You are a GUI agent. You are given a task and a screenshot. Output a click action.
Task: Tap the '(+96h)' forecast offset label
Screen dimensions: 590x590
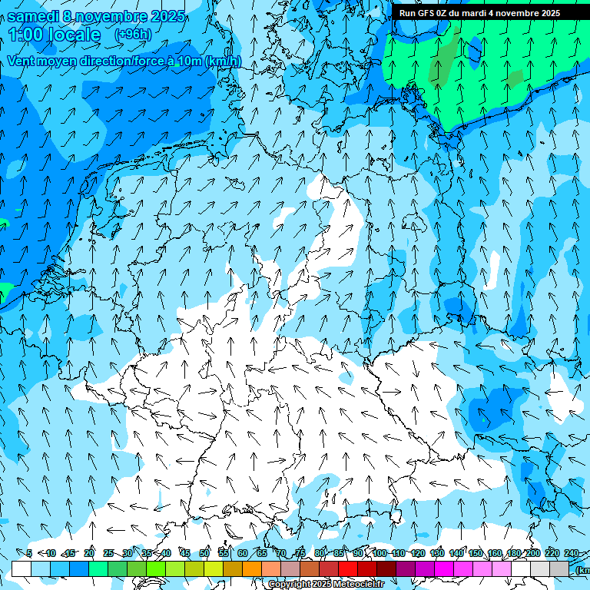coord(132,35)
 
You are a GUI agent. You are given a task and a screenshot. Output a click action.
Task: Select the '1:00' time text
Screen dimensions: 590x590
coord(26,35)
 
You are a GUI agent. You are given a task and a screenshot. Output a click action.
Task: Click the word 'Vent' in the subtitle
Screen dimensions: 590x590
coord(22,61)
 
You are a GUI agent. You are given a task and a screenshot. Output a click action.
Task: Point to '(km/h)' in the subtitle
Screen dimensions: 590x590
coord(223,61)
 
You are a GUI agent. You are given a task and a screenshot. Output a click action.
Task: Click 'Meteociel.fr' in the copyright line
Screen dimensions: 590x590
coord(353,585)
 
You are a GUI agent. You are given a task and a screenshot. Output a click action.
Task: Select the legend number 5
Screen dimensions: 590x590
coord(28,553)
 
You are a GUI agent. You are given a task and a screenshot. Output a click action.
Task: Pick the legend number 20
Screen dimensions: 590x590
coord(89,553)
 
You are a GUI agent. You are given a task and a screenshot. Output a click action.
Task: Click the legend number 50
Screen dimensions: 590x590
coord(204,553)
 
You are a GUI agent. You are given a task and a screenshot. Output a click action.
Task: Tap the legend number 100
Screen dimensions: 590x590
coord(379,553)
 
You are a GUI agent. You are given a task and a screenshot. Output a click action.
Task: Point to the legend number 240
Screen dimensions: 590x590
coord(571,553)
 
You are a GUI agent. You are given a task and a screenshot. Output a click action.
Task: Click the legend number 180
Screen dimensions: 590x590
coord(513,553)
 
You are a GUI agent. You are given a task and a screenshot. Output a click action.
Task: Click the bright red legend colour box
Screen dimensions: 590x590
coord(348,568)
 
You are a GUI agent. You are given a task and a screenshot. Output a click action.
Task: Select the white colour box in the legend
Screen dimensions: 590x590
coord(22,568)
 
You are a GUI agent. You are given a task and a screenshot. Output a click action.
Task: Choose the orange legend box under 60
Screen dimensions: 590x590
coord(252,568)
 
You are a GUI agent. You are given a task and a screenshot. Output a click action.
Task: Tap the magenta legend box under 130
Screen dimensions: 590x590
coord(444,568)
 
